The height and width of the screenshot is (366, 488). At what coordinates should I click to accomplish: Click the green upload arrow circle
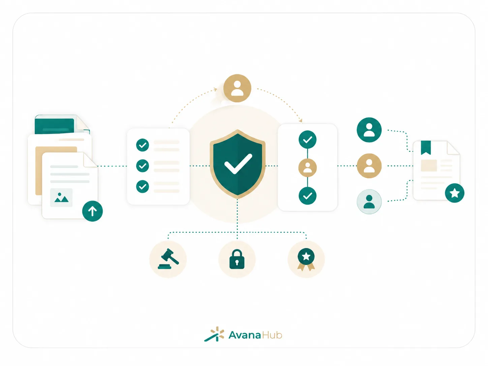point(92,211)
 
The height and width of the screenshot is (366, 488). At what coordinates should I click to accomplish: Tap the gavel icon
point(168,259)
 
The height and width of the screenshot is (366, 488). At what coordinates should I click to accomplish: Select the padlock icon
point(237,259)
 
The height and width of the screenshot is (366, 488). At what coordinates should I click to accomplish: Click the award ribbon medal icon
point(306,259)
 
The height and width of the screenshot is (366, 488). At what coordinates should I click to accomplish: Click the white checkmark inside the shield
point(238,164)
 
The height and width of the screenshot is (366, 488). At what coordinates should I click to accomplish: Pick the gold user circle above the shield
point(237,88)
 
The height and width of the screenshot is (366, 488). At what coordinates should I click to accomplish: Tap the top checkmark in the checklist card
point(143,145)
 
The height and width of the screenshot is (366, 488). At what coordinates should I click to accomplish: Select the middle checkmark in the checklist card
point(143,166)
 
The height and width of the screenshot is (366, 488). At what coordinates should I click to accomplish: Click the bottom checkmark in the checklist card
point(143,186)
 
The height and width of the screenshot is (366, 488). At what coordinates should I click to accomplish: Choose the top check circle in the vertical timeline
point(307,140)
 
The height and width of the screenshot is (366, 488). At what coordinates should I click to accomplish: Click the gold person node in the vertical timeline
point(307,168)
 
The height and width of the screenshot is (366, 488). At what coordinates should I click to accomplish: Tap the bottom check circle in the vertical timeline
point(307,196)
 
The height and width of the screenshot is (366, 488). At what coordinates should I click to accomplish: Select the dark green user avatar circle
point(369,130)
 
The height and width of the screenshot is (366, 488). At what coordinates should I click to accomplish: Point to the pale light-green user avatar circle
point(369,202)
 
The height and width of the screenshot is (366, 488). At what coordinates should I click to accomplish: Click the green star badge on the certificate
point(454,193)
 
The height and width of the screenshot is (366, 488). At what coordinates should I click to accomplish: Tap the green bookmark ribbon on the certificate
point(426,148)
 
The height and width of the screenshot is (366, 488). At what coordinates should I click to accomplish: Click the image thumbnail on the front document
point(61,197)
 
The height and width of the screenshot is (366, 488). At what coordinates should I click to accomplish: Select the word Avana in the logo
point(245,335)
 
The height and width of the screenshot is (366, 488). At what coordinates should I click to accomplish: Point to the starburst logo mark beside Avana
point(214,334)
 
